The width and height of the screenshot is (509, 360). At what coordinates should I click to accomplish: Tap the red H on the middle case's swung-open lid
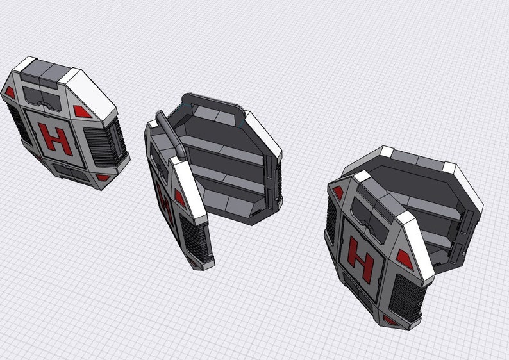163,205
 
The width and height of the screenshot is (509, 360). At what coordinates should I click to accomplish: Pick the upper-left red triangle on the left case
10,92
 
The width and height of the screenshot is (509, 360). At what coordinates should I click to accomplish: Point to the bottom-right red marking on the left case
103,177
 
